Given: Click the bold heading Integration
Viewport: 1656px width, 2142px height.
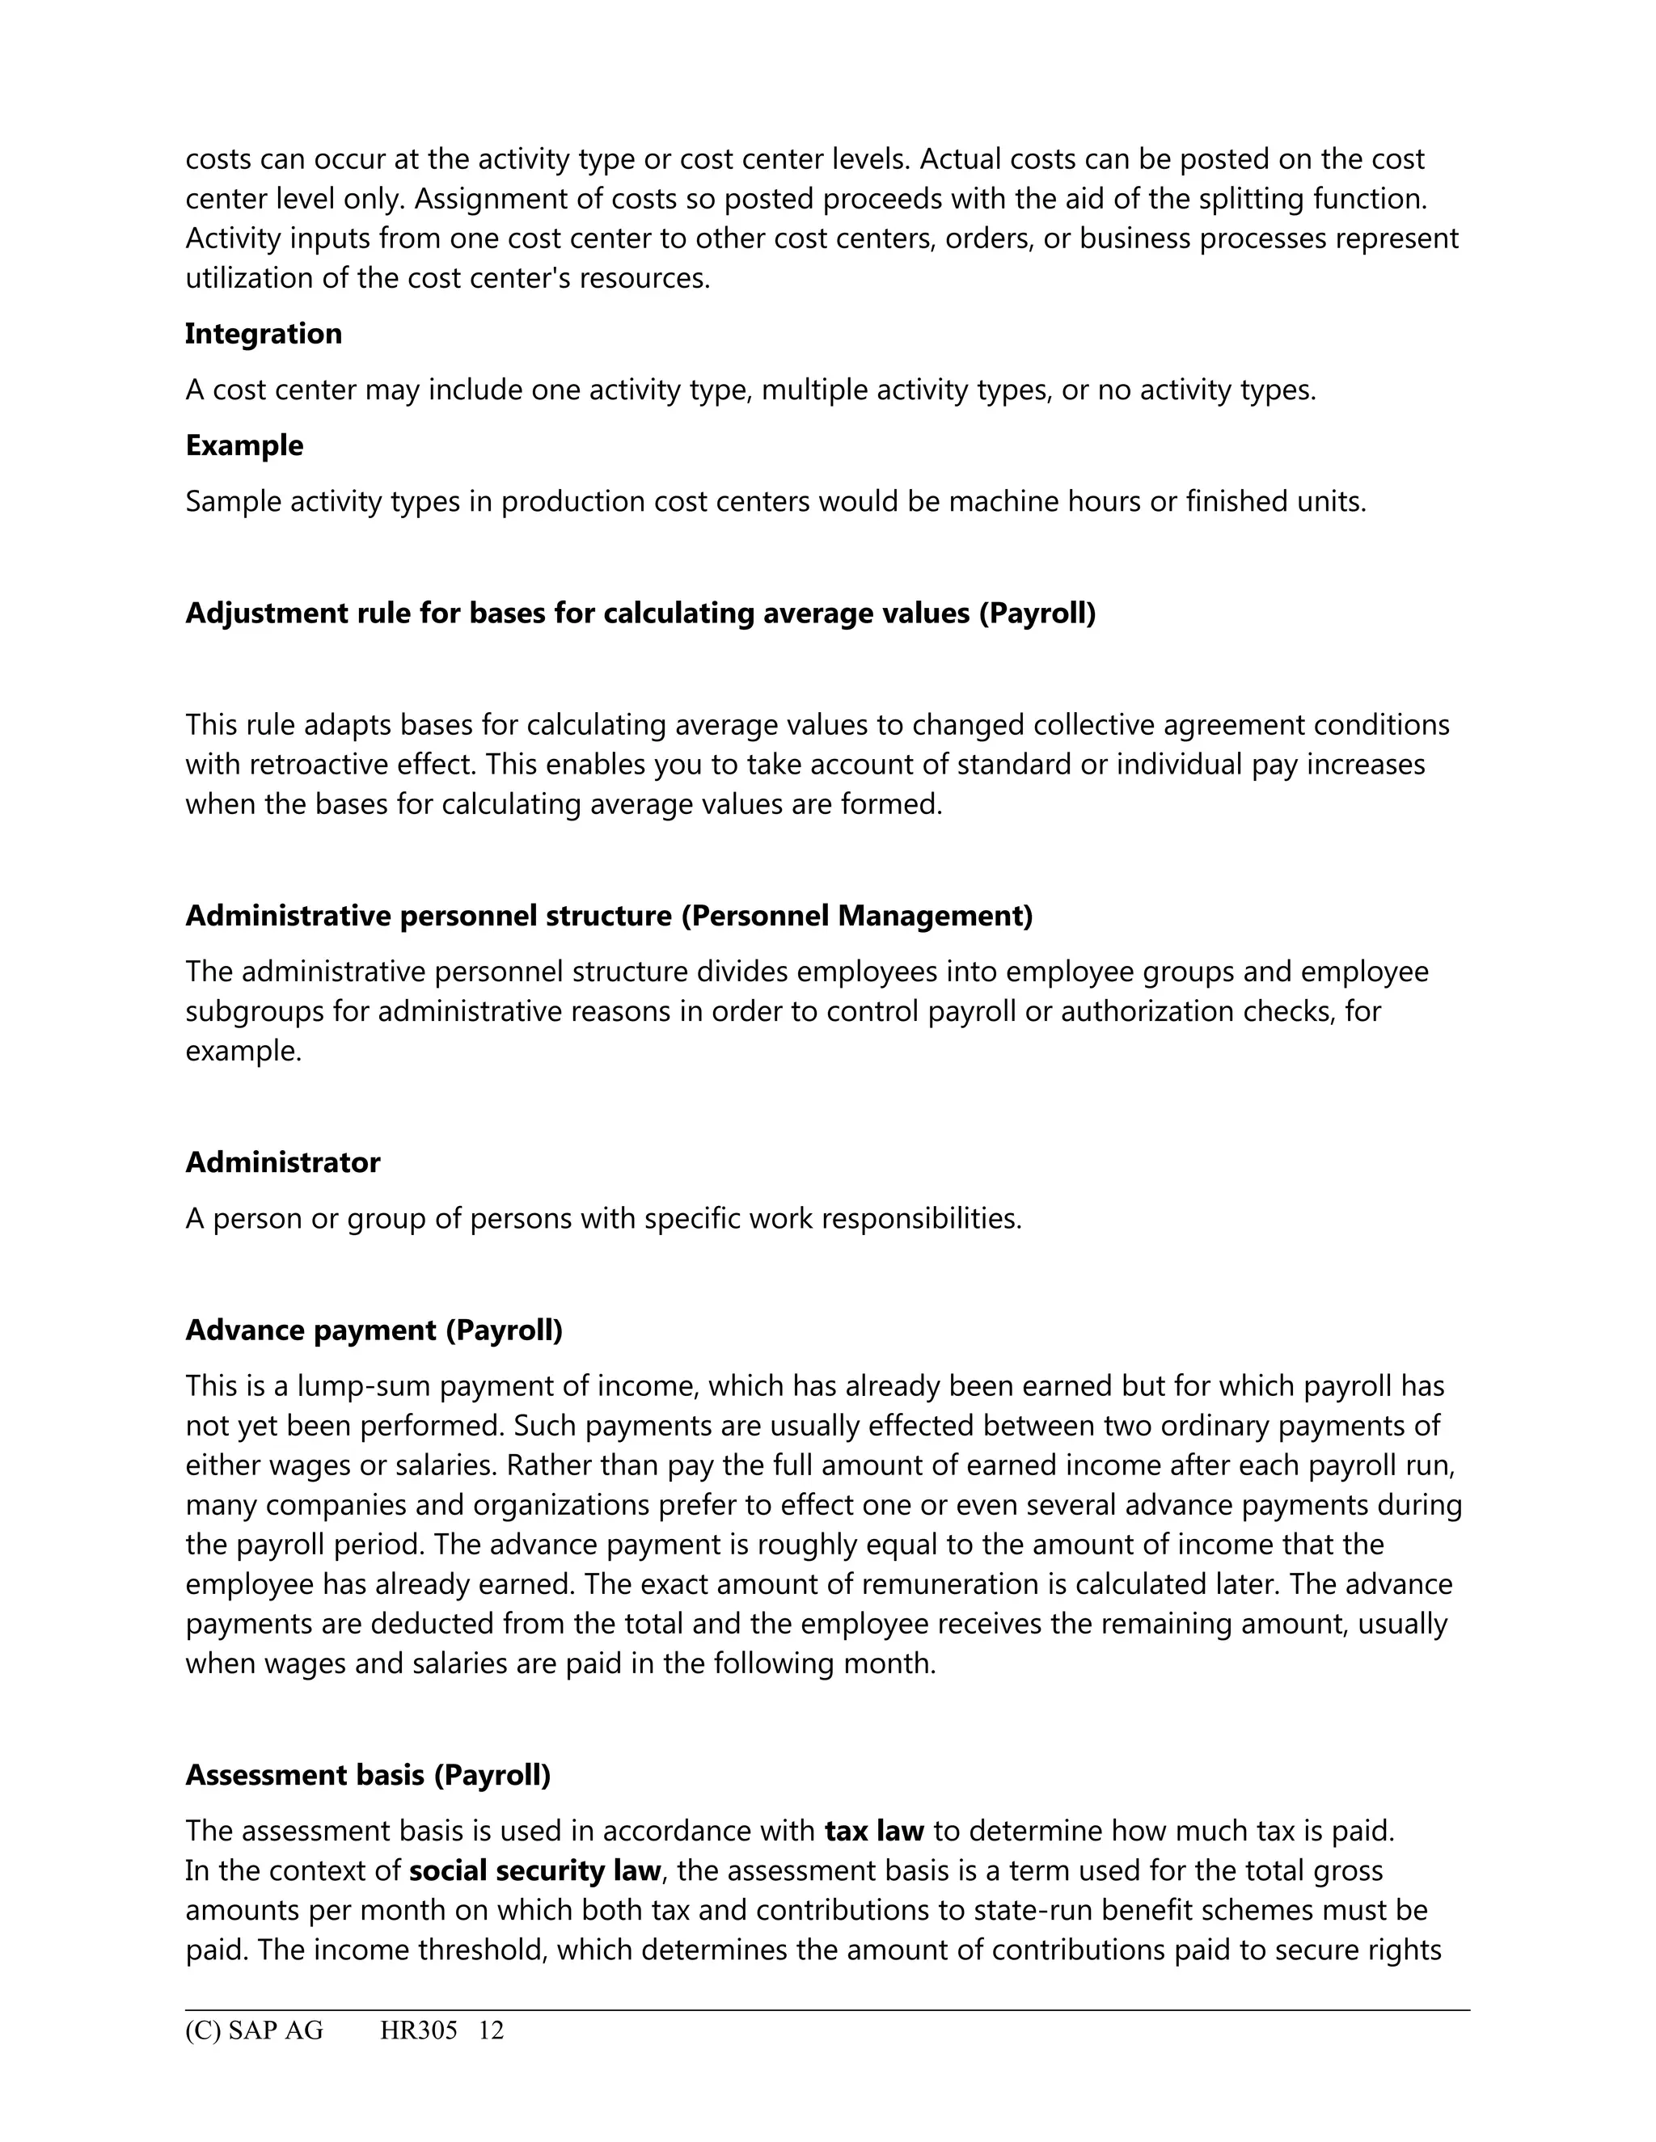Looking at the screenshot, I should pyautogui.click(x=263, y=334).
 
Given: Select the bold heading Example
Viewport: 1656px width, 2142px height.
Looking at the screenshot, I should pyautogui.click(x=244, y=445).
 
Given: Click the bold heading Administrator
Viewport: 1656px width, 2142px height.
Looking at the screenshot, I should pyautogui.click(x=282, y=1162).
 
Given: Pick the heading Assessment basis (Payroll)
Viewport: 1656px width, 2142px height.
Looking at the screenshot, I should pyautogui.click(x=368, y=1774).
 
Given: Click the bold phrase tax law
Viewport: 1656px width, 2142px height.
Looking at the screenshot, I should pyautogui.click(x=874, y=1830).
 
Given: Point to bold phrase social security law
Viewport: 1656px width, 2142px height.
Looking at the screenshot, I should pyautogui.click(x=534, y=1870).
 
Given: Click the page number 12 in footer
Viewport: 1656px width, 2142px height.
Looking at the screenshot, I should pyautogui.click(x=491, y=2030).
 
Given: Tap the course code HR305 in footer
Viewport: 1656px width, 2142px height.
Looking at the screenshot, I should pyautogui.click(x=419, y=2030).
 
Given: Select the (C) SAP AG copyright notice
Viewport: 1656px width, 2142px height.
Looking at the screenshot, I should pyautogui.click(x=254, y=2030).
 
